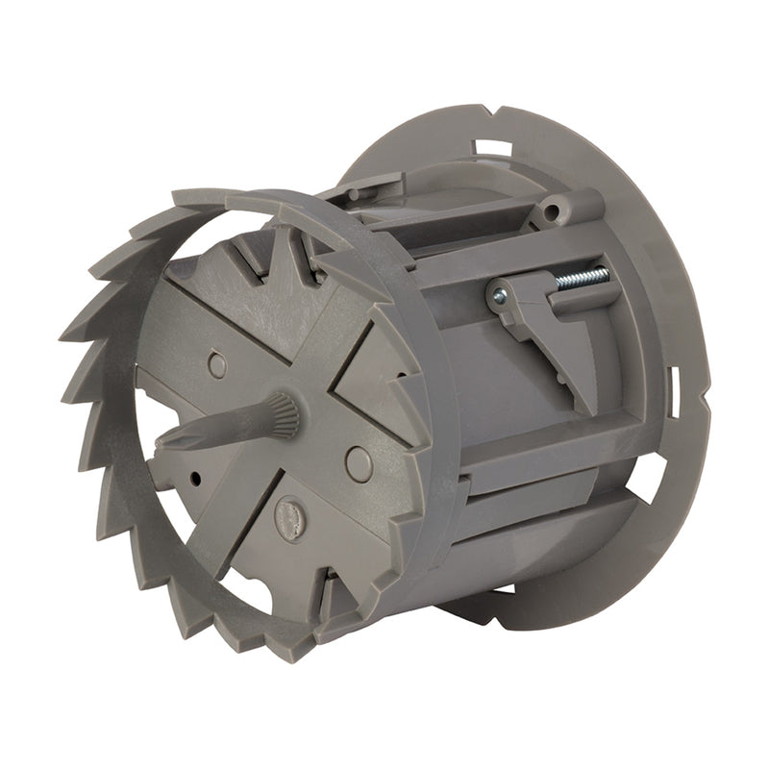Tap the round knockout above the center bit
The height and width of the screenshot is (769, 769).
point(218,364)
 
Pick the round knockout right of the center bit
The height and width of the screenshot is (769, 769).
point(359,464)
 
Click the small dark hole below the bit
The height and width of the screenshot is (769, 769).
point(195,476)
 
